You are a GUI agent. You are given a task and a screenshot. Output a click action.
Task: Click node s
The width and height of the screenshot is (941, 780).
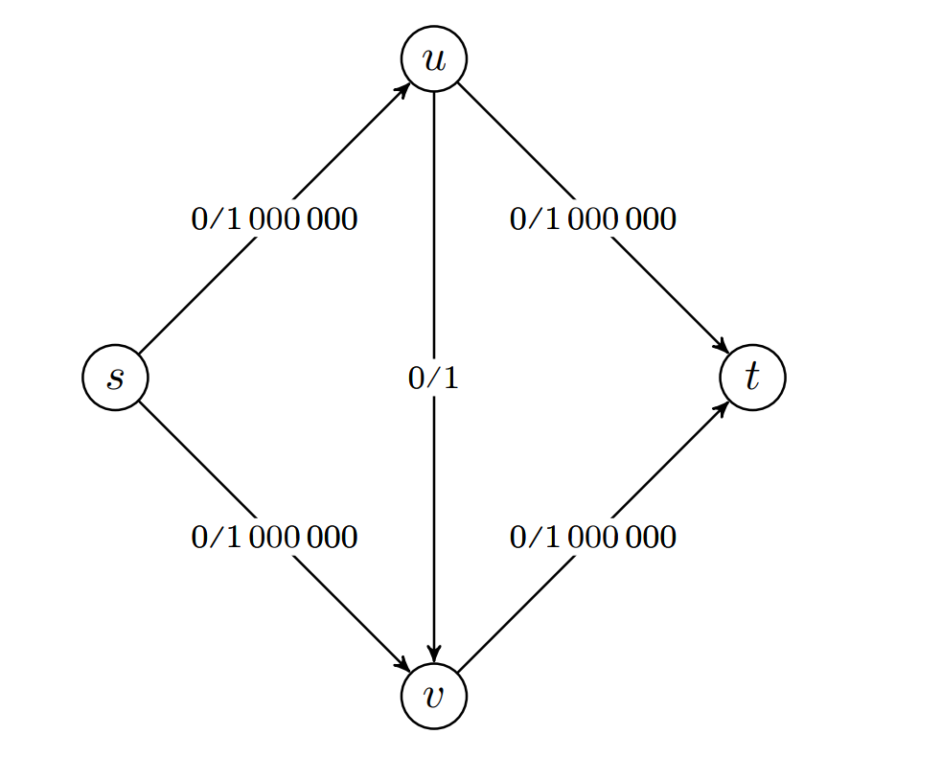coord(115,378)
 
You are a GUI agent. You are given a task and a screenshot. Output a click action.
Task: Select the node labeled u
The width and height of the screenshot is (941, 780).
coord(434,59)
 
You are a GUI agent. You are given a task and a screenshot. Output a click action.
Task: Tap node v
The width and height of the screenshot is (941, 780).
coord(434,696)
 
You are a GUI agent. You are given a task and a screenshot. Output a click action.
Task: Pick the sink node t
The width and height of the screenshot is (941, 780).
coord(752,378)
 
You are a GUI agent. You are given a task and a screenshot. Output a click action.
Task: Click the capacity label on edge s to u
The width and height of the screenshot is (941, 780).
coord(274,219)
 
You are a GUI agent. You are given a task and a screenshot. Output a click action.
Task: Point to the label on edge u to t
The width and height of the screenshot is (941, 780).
coord(593,219)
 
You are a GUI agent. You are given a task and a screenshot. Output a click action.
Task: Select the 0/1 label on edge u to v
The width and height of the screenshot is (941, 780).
coord(434,379)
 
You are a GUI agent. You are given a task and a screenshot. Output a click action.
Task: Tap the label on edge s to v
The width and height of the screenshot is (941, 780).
coord(274,538)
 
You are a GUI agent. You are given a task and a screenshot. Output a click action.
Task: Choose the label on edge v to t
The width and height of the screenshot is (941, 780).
coord(593,538)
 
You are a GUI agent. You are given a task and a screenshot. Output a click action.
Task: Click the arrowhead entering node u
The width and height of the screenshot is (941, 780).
coord(405,87)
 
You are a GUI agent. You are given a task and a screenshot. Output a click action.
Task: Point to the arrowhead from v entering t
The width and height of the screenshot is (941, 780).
coord(723,406)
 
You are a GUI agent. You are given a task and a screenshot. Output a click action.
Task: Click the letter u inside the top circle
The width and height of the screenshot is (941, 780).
coord(434,59)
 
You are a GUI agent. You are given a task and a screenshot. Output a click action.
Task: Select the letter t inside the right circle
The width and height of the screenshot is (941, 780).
coord(752,378)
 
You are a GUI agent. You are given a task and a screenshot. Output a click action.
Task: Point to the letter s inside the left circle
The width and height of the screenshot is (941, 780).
coord(115,378)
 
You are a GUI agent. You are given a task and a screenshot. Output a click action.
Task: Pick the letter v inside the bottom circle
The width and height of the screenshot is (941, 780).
coord(434,696)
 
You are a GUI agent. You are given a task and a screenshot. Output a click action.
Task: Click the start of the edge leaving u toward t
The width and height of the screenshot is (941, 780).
coord(460,85)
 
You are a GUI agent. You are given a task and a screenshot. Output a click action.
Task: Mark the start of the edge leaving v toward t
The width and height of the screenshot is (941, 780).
coord(460,670)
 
